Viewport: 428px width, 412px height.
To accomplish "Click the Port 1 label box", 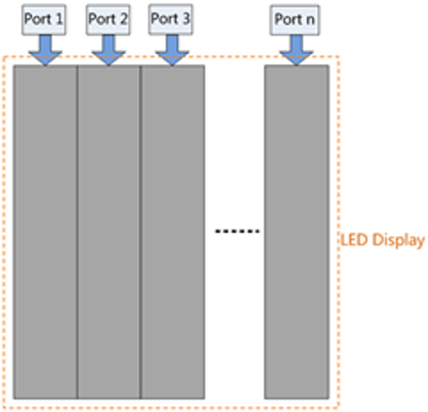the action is (x=44, y=20).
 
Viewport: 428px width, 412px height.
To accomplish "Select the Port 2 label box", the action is (x=108, y=20).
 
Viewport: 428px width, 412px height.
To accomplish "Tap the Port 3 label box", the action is (x=170, y=20).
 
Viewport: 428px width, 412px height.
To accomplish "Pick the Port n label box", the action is (x=295, y=20).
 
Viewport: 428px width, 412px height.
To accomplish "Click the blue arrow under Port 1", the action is (x=45, y=50).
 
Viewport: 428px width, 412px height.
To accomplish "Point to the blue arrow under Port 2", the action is (x=109, y=50).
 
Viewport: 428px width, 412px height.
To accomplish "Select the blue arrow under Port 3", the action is (x=172, y=50).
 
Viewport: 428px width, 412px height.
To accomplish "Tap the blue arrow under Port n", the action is (x=296, y=50).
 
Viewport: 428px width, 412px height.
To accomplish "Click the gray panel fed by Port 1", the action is (x=45, y=231).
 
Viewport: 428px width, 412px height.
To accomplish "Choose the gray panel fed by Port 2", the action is (x=109, y=231).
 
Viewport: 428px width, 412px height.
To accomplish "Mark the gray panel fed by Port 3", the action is (x=172, y=231).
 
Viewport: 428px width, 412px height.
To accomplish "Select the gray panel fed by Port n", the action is (x=297, y=231).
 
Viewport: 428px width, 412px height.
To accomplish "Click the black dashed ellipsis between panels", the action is (x=237, y=231).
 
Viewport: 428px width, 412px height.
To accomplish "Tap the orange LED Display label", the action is (x=383, y=240).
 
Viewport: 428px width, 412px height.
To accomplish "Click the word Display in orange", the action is (x=399, y=240).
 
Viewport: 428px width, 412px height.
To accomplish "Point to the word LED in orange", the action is (x=354, y=240).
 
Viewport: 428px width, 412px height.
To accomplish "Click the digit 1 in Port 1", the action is (x=59, y=19).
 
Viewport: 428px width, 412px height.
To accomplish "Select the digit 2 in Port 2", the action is (x=124, y=19).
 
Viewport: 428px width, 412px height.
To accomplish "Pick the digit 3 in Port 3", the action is (x=186, y=19).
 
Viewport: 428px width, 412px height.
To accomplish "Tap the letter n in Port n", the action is (x=310, y=21).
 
